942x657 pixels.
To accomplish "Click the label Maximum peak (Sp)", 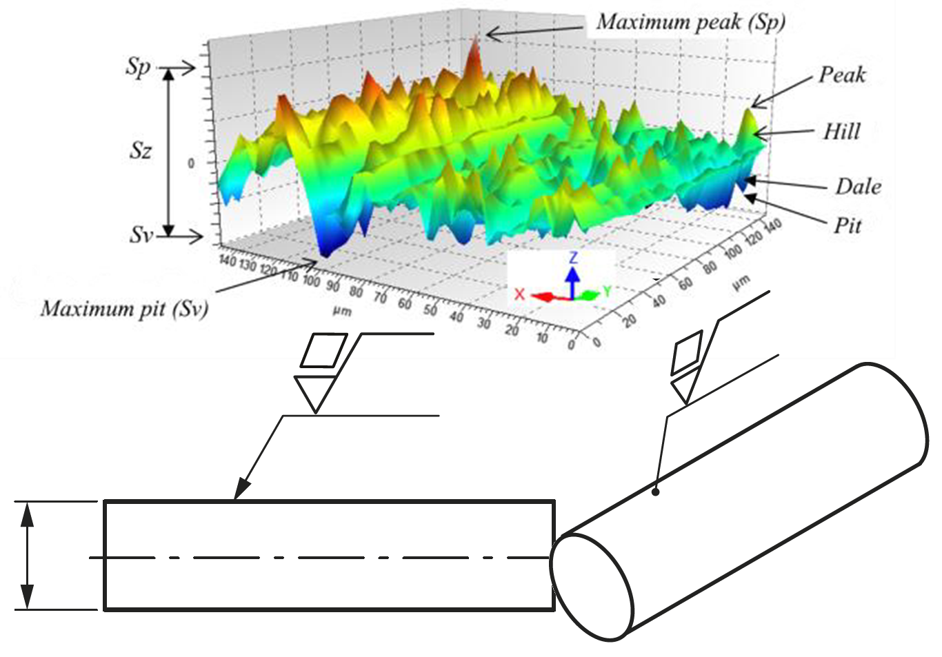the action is (x=690, y=22).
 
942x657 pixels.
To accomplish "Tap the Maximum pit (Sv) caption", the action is (x=125, y=310).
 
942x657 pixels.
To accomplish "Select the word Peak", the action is (x=842, y=75).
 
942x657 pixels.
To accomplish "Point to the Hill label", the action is (x=841, y=132).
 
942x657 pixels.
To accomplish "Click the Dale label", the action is (x=859, y=187).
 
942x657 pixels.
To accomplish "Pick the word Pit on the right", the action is (x=848, y=225).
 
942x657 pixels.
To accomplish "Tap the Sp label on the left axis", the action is (x=138, y=68).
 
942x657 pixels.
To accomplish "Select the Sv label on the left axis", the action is (x=141, y=236).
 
